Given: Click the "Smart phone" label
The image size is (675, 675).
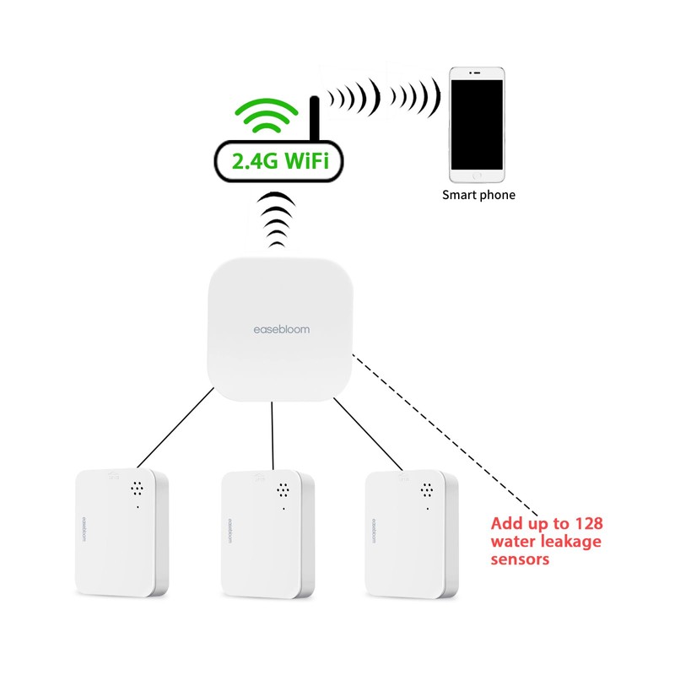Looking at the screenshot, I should tap(478, 195).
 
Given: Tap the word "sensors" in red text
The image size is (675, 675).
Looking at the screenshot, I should tap(521, 559).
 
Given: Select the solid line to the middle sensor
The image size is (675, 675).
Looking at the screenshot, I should tap(272, 435).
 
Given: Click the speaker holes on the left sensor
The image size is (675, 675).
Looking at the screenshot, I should tap(136, 488).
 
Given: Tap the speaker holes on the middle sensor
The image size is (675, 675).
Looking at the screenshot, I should tap(282, 488).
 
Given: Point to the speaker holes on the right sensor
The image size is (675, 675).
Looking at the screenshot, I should tap(427, 488).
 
